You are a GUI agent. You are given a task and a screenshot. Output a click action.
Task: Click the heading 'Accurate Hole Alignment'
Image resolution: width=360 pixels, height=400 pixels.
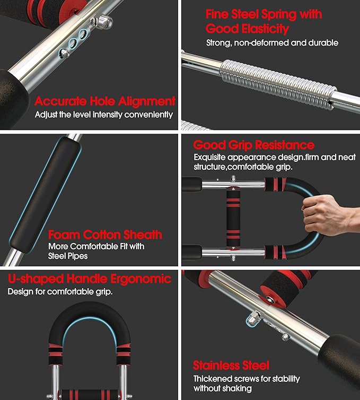tap(105, 101)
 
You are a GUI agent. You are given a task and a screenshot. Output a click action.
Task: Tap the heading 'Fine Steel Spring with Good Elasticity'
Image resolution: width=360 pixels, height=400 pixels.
tap(264, 21)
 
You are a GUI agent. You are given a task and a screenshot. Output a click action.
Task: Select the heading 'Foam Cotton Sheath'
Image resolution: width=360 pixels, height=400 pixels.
tap(105, 234)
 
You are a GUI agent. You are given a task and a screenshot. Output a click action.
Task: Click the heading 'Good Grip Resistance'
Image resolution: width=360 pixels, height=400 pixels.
tap(253, 145)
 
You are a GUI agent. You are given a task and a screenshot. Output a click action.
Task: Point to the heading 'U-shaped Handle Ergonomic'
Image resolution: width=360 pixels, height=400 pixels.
tap(90, 279)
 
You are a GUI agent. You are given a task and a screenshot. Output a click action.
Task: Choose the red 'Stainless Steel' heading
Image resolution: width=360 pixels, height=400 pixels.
tap(231, 366)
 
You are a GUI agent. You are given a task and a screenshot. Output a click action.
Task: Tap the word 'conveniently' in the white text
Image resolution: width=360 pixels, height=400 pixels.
tap(148, 115)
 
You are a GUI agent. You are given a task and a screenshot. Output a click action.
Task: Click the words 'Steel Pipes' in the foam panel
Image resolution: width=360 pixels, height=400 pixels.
tap(68, 256)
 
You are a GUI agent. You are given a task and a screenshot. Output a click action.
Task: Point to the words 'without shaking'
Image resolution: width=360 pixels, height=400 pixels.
tap(223, 388)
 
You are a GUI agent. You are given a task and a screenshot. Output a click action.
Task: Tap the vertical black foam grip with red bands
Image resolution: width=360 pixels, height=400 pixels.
tap(233, 218)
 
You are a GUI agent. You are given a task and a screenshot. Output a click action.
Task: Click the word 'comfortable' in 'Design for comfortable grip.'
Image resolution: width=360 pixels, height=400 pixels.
tap(69, 292)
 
